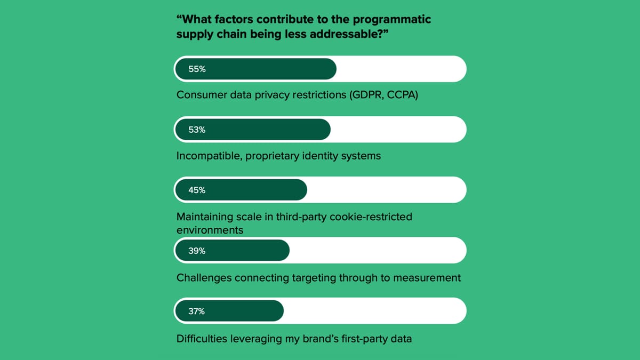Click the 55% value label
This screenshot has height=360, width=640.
197,69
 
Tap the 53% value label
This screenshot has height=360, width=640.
197,130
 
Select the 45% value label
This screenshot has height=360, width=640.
197,190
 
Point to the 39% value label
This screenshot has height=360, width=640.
197,251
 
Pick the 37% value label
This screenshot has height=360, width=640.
197,311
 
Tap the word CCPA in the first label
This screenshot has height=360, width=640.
401,96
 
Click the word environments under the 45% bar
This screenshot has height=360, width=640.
210,230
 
